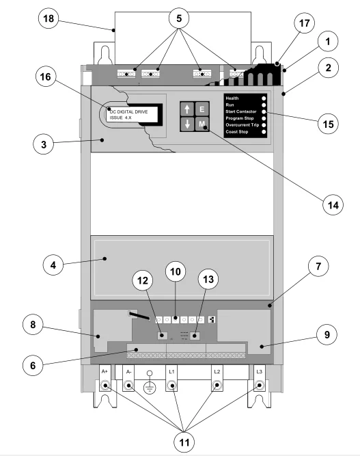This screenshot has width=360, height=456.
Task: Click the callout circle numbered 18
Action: (49, 18)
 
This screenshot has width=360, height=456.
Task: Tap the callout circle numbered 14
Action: (333, 205)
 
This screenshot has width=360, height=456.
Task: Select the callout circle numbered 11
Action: (184, 442)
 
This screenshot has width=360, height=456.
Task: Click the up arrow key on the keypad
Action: (187, 109)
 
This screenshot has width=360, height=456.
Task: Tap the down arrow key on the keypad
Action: (187, 124)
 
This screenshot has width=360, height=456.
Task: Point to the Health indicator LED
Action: (264, 98)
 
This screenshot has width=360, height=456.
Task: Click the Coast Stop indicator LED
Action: (264, 132)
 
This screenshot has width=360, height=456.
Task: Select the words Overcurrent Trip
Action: (243, 125)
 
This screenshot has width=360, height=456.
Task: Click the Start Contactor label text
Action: (241, 111)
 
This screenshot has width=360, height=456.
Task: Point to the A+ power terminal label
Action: (105, 371)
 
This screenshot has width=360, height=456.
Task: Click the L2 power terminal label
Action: (217, 372)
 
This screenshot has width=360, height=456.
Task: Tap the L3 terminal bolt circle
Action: (260, 386)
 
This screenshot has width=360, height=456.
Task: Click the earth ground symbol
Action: (150, 384)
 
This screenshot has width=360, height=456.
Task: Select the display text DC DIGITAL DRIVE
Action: (128, 111)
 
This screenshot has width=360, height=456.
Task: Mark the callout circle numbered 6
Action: (33, 365)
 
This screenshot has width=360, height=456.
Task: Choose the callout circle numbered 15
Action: (328, 124)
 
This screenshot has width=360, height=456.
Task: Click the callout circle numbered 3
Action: (44, 144)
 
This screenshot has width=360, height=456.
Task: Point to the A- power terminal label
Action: (128, 372)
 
